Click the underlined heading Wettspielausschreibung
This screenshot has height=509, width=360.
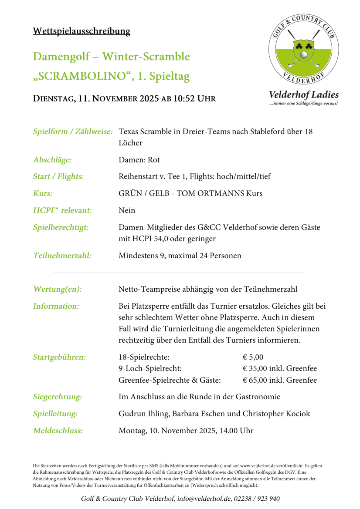click(82, 31)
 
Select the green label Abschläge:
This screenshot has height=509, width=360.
click(52, 160)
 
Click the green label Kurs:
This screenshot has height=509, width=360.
click(42, 193)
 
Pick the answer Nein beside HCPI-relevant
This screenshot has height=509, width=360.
click(127, 210)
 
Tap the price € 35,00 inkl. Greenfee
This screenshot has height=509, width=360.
click(279, 369)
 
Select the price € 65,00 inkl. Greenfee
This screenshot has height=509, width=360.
click(279, 380)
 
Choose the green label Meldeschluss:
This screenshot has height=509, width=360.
click(58, 431)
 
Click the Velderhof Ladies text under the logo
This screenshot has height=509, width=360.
click(303, 94)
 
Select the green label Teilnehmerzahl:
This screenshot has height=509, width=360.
click(62, 256)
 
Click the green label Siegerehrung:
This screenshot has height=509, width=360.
click(58, 397)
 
